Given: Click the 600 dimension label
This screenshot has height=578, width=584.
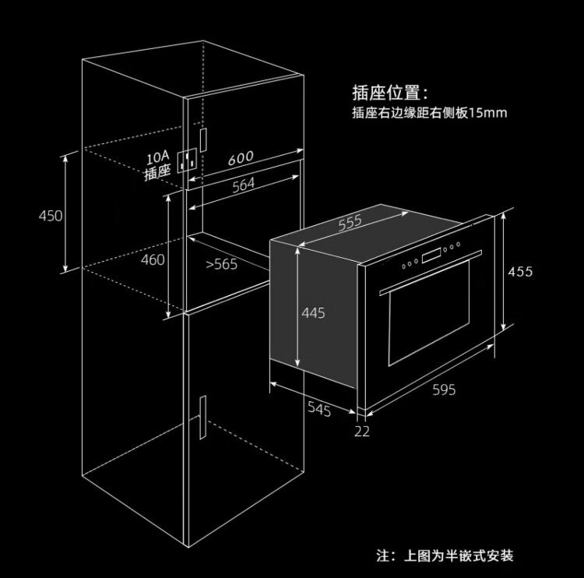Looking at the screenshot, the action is point(241,158).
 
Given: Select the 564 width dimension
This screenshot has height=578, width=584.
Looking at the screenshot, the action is point(244,185).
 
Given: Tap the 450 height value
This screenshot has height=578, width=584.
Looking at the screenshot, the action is point(51,216).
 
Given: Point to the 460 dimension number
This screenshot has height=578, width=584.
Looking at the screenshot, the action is point(153,259).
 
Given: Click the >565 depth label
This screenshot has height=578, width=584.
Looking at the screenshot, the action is point(221,264).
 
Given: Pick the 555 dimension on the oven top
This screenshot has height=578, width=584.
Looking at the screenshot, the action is point(350,223).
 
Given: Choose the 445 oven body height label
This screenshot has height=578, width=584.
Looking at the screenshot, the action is point(313,313).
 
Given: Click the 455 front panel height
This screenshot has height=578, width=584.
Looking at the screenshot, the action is point(520,271).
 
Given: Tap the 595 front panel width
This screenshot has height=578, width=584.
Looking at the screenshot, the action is point(444,389).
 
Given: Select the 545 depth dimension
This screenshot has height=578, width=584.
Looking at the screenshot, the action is point(319,409).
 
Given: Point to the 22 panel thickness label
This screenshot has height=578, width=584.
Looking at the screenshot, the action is point(362,432).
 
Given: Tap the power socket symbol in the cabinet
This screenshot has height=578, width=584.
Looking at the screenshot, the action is point(187,160).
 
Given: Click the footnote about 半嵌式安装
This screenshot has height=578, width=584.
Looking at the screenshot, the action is point(445,555).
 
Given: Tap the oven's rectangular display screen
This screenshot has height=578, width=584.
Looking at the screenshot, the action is point(431,256).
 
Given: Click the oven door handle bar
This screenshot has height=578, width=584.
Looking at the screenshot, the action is point(431,273).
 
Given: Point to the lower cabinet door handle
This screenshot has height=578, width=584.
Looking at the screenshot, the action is point(202,418).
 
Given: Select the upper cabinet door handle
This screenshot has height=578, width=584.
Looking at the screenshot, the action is point(203,140).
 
